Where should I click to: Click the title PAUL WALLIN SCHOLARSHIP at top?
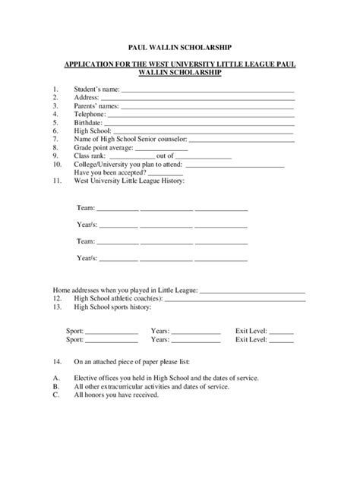[179, 47]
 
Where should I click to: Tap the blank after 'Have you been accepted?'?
[165, 173]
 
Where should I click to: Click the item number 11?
[57, 181]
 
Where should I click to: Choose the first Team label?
[85, 207]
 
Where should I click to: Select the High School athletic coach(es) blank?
[229, 300]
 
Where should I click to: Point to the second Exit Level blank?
[281, 341]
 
